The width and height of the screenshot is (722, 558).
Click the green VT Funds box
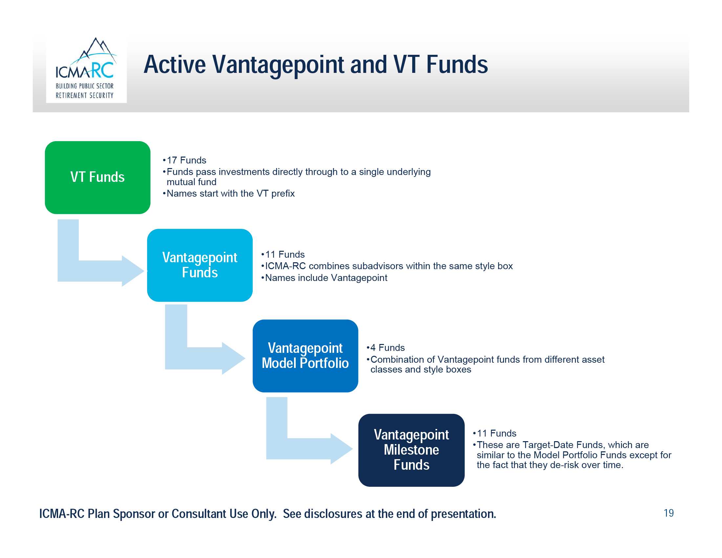pos(97,178)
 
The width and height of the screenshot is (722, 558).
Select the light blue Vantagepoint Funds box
pos(200,265)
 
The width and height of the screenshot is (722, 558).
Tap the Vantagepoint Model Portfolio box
pos(305,356)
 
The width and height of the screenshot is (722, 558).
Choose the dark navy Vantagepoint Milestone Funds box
pos(411,450)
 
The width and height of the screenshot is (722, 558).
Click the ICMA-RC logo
pos(86,69)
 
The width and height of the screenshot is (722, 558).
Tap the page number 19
pos(669,513)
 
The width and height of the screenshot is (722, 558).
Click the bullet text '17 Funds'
pos(186,160)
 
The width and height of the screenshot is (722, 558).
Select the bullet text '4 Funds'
pos(388,347)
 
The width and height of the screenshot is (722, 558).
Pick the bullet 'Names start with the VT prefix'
pos(230,193)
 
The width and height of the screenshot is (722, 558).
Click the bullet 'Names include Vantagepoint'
pos(326,278)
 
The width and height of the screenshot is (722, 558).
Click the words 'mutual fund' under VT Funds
pos(191,182)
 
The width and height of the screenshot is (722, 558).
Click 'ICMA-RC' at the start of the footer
pos(62,514)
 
